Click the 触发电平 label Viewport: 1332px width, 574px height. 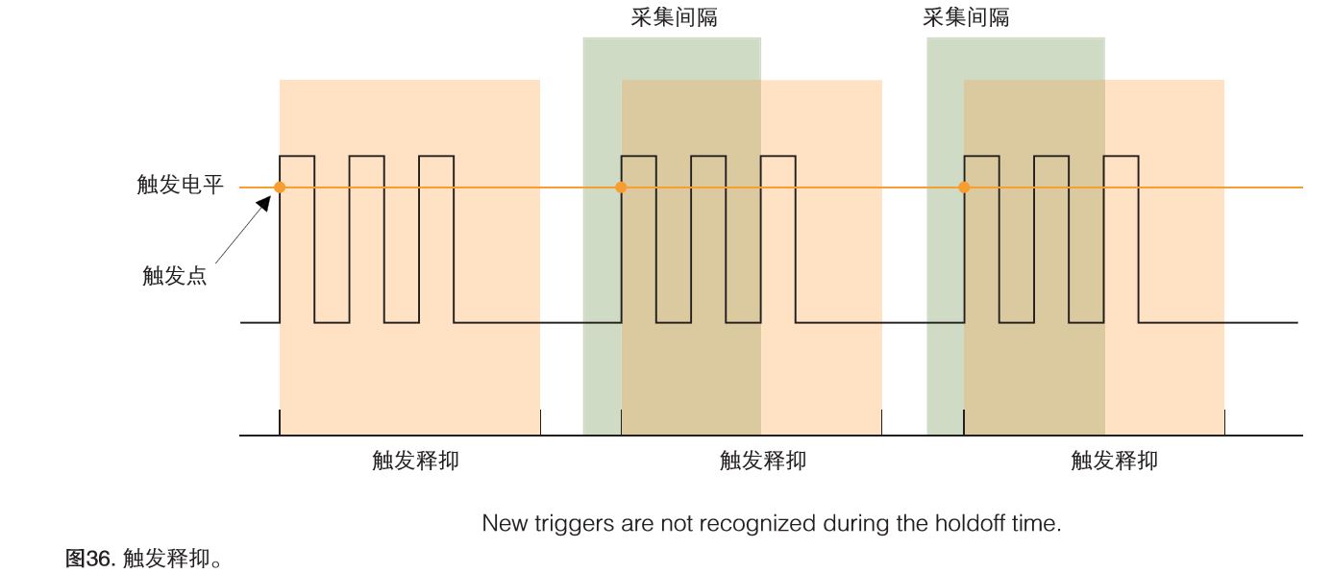point(180,186)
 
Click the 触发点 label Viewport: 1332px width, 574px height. point(174,277)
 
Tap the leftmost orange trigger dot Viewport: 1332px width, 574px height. point(280,187)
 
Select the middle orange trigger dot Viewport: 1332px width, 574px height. point(621,187)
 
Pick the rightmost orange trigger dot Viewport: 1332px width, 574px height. point(964,187)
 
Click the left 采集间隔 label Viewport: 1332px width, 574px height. point(674,17)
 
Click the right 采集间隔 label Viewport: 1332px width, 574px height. point(966,17)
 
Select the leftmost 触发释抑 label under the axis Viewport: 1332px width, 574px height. point(415,461)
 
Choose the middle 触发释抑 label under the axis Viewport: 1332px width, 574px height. point(762,461)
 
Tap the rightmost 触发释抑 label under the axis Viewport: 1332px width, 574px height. point(1114,461)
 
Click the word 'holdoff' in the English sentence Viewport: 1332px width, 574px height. point(969,524)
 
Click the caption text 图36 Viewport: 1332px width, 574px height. point(89,558)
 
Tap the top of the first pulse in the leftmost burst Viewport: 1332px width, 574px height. point(297,156)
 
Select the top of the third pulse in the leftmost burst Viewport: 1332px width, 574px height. point(437,156)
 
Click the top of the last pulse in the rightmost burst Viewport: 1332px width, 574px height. point(1121,156)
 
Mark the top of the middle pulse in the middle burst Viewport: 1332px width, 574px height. point(708,156)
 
